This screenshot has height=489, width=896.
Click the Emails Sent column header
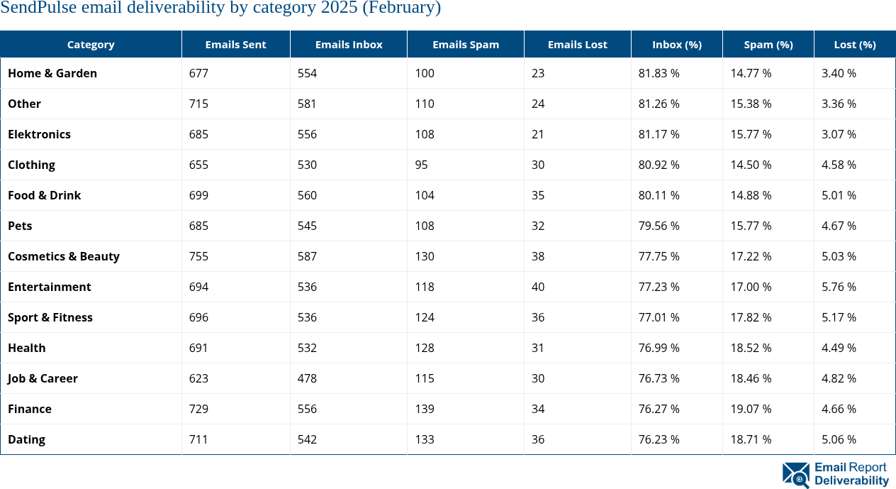[235, 44]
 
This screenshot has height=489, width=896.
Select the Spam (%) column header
[768, 44]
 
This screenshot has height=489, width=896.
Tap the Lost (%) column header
[854, 44]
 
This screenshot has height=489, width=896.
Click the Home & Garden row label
[52, 73]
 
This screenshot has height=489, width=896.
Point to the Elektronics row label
[39, 134]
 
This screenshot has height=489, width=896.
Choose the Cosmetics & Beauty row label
[64, 256]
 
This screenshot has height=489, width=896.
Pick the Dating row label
[26, 439]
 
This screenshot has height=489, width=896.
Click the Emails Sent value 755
[199, 256]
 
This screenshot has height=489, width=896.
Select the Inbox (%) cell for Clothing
[659, 165]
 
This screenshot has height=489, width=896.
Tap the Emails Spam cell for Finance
[425, 409]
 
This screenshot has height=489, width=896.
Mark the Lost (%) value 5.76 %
[839, 287]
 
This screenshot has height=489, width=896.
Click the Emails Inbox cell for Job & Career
[307, 378]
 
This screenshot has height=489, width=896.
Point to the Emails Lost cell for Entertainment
[538, 287]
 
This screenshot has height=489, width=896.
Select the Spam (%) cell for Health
[751, 348]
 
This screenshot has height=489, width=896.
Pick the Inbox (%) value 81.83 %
[659, 73]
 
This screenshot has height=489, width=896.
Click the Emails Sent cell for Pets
[199, 226]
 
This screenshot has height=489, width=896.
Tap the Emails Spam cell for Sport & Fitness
[425, 317]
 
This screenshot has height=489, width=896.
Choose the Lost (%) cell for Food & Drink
[839, 195]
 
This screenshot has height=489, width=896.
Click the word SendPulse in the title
[42, 8]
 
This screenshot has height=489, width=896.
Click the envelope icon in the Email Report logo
[795, 474]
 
